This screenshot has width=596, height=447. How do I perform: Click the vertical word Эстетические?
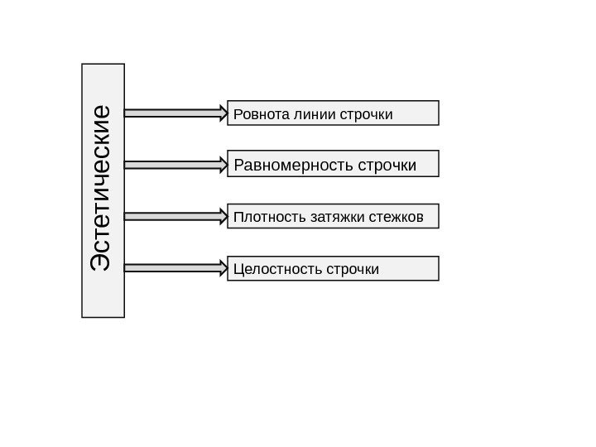(x=102, y=188)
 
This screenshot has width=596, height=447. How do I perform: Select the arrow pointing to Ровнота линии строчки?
(x=175, y=111)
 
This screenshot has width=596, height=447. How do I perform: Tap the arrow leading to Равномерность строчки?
(x=175, y=164)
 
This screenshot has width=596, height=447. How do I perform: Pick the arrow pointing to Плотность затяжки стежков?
(x=175, y=217)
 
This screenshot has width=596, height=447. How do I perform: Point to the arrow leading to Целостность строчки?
(x=175, y=268)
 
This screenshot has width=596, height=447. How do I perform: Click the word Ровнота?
(x=258, y=113)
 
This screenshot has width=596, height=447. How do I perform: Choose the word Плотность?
(x=260, y=217)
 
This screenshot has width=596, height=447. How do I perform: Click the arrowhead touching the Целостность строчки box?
(x=221, y=268)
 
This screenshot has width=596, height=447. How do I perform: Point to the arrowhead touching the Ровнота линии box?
(x=221, y=111)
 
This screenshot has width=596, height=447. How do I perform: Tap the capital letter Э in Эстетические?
(x=102, y=259)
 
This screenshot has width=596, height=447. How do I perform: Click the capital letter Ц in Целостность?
(x=239, y=269)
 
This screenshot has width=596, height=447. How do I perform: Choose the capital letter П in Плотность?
(x=239, y=217)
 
